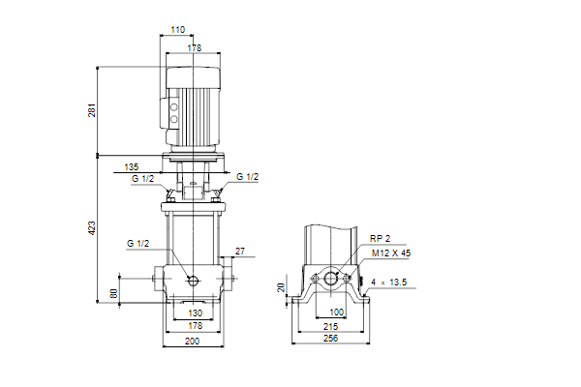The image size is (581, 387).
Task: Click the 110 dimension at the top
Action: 177,30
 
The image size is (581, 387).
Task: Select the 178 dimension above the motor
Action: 195,48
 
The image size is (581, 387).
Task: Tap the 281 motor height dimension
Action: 92,110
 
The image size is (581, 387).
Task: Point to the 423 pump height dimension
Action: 92,227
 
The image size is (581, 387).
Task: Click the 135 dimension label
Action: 131,167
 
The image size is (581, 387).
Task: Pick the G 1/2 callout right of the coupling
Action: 248,177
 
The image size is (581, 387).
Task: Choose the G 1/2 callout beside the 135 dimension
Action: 142,178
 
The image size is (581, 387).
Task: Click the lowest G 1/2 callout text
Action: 138,243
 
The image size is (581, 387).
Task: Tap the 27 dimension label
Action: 240,252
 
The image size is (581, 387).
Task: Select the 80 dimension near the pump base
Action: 113,293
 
